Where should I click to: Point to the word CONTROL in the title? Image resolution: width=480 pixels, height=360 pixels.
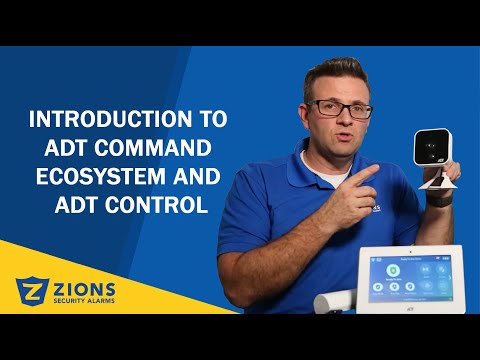pos(160,207)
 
